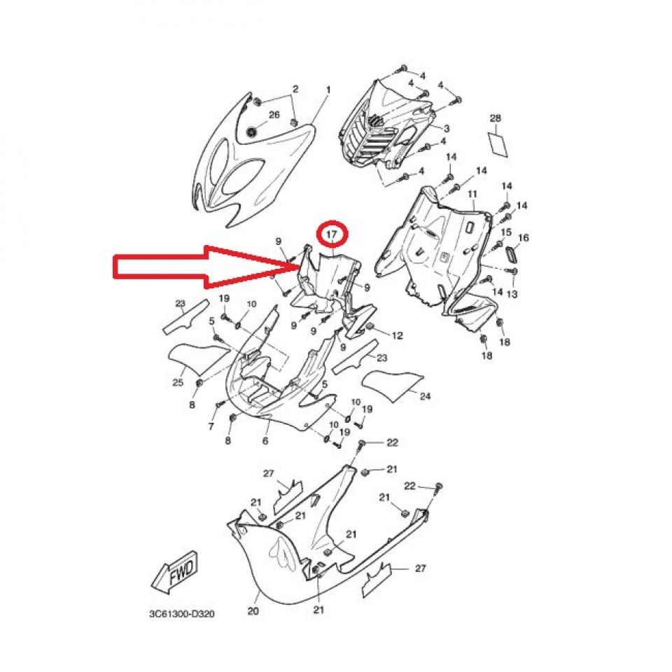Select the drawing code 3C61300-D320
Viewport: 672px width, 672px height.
tap(182, 614)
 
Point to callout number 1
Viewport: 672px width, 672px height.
tap(329, 90)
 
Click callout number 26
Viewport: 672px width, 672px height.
tap(274, 114)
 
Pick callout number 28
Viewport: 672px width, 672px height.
tap(496, 118)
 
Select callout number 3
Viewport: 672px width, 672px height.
tap(446, 128)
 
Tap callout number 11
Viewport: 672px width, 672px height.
tap(472, 195)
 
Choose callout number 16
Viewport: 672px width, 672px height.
tap(524, 237)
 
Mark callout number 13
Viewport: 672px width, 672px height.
tap(512, 294)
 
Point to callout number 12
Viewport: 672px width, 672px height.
tap(398, 335)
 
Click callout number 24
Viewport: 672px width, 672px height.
tap(425, 396)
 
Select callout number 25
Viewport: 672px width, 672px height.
tap(178, 382)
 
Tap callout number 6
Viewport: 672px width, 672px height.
tap(265, 440)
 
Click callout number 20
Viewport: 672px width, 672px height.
tap(253, 610)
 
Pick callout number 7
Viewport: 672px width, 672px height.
tap(211, 426)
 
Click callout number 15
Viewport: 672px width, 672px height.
tap(506, 232)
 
